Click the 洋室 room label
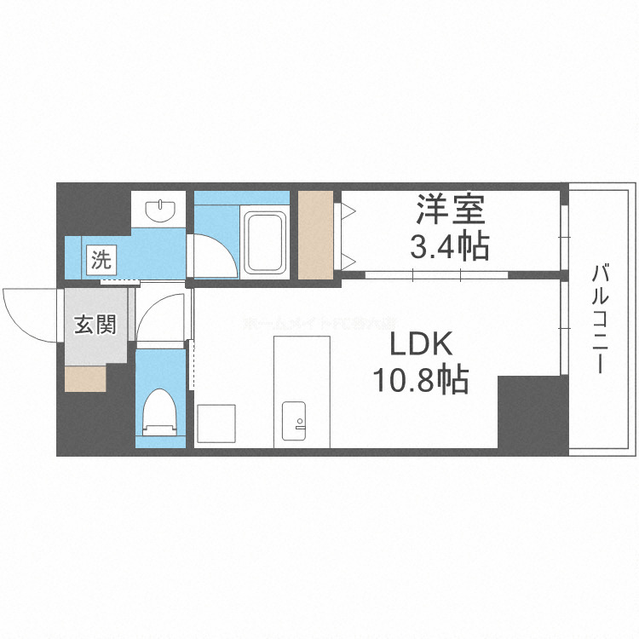tap(450, 210)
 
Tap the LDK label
tap(420, 345)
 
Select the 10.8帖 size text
tap(419, 381)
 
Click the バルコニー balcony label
tap(600, 319)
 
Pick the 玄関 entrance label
tap(94, 325)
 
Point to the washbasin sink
tap(159, 209)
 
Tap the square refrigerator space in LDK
tap(216, 423)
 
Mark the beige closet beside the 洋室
tap(315, 235)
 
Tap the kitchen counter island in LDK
tap(301, 389)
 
